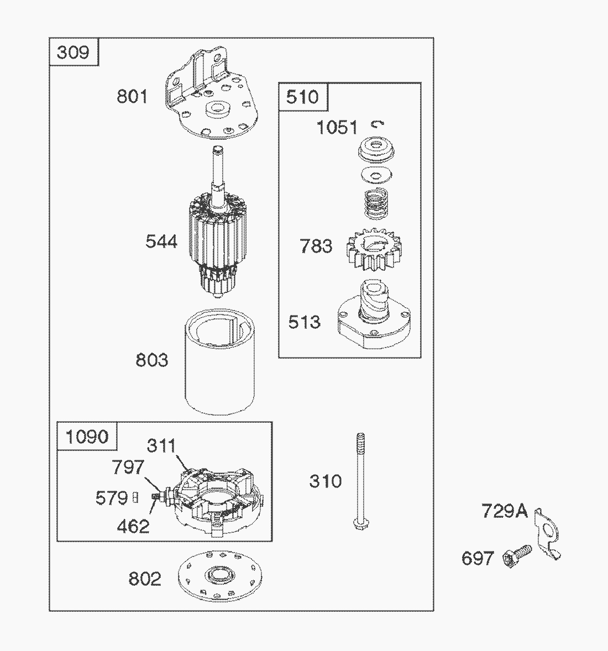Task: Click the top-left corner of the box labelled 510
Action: [x=279, y=83]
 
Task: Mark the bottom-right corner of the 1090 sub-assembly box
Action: [x=272, y=541]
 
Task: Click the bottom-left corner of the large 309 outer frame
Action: [x=49, y=611]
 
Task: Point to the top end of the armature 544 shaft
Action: [x=218, y=148]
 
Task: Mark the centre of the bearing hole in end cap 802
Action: [x=219, y=576]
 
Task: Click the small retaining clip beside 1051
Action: [x=378, y=124]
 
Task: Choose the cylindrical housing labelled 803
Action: [x=219, y=361]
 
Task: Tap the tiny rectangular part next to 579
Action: [x=135, y=497]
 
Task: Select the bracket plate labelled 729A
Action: [x=547, y=533]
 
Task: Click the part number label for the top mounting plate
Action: [x=132, y=97]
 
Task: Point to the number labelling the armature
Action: [x=161, y=241]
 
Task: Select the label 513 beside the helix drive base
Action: [x=305, y=322]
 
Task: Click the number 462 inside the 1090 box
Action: [x=133, y=527]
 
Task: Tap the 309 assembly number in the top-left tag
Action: [x=73, y=53]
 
